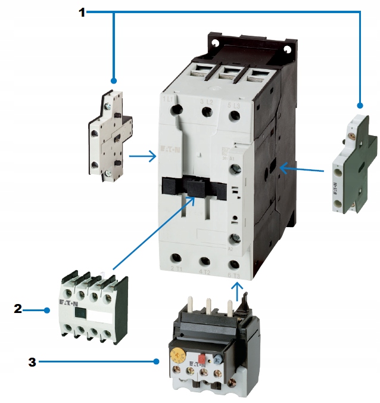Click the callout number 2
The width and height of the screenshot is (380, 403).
[x=18, y=309]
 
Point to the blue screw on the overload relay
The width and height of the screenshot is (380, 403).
[x=219, y=361]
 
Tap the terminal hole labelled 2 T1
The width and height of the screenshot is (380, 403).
[x=177, y=260]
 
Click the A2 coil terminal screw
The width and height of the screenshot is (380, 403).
[x=235, y=240]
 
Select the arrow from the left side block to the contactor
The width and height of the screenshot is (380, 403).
[x=142, y=157]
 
